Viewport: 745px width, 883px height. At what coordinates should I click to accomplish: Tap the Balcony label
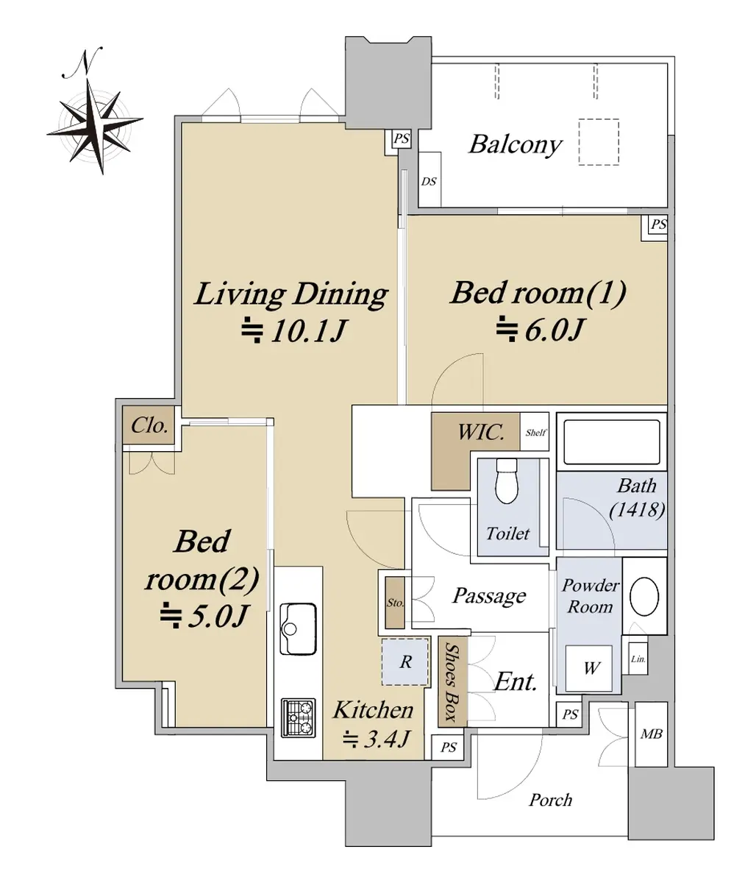point(515,145)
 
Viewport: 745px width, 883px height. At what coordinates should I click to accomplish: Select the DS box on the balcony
point(429,180)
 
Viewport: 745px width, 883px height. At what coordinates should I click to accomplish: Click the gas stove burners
point(299,718)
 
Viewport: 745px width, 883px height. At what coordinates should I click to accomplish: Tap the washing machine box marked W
point(589,668)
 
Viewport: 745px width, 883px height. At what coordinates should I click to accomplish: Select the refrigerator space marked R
point(404,662)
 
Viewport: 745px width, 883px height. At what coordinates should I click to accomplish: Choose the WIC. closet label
point(481,432)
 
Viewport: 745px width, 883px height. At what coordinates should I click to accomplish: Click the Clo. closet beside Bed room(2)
point(149,425)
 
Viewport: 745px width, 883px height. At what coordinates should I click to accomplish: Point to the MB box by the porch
point(651,734)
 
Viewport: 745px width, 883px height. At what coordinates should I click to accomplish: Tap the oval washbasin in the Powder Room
point(644,596)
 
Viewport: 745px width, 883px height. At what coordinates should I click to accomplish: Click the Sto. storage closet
point(395,603)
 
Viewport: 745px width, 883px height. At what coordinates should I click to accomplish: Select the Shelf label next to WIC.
point(535,432)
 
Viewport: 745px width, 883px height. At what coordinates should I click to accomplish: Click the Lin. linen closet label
point(638,659)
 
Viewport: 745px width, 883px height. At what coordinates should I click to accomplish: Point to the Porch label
point(551,800)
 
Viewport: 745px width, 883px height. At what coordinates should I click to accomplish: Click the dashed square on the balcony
point(599,142)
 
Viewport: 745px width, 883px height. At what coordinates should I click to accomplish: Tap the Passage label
point(489,596)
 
